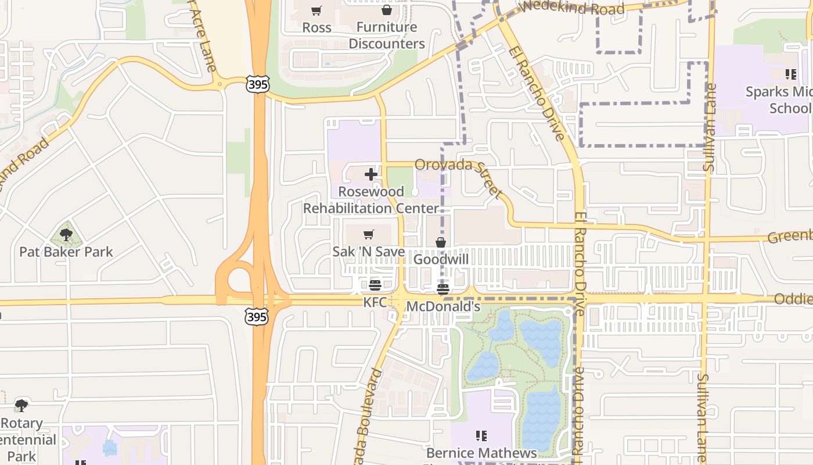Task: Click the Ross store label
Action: click(316, 27)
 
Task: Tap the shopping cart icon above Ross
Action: click(316, 10)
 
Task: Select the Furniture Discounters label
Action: click(386, 35)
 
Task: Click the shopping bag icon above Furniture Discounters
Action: click(386, 10)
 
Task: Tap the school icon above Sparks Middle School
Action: click(790, 74)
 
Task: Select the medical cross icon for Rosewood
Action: click(371, 174)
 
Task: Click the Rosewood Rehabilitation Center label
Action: click(371, 200)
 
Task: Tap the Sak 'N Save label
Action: click(368, 252)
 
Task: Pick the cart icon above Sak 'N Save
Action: click(368, 235)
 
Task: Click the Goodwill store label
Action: click(441, 259)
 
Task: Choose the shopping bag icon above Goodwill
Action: click(441, 242)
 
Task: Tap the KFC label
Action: click(375, 303)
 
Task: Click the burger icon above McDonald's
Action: click(443, 289)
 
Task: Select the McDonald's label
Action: click(443, 306)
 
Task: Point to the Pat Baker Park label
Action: click(66, 252)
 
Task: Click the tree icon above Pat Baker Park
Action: click(66, 235)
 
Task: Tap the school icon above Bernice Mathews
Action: click(481, 435)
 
